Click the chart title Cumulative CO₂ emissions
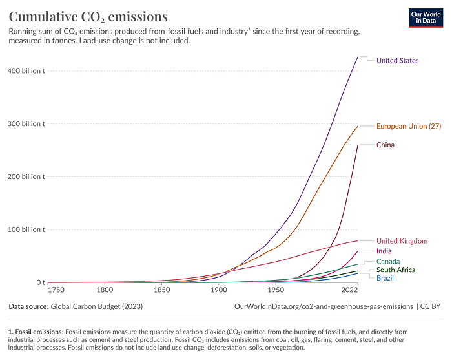(x=88, y=16)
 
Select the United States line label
(x=397, y=61)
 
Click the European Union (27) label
(x=409, y=126)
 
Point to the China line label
(x=385, y=145)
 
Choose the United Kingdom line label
(x=402, y=241)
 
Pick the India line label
(x=384, y=251)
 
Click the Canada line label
(x=388, y=262)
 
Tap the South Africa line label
(x=396, y=270)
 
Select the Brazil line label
(x=385, y=277)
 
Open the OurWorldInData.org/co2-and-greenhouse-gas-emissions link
(x=325, y=306)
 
